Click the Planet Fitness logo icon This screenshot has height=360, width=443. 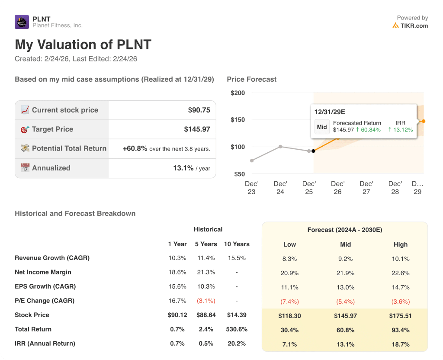point(22,22)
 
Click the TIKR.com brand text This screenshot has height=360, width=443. point(414,26)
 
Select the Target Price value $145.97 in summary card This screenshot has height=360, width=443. point(197,129)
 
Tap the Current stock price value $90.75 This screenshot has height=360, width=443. point(199,110)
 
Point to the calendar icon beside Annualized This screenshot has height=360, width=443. point(25,168)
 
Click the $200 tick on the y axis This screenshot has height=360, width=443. point(238,93)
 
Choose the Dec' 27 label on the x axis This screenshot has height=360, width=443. point(366,188)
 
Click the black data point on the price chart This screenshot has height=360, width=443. point(313,151)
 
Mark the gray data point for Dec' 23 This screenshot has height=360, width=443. point(252,161)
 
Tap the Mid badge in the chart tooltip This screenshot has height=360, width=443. point(322,127)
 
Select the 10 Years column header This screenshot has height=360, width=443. point(237,244)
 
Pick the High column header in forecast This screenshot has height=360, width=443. point(401,244)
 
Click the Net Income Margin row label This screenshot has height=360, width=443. point(43,272)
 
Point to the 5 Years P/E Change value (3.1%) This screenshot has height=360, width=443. point(206,301)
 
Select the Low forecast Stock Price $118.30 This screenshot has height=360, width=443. point(289,316)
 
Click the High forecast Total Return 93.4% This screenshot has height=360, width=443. point(401,330)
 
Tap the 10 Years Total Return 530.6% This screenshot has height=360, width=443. point(237,329)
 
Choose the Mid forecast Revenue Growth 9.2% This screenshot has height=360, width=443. point(345,259)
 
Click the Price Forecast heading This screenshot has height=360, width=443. point(251,79)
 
